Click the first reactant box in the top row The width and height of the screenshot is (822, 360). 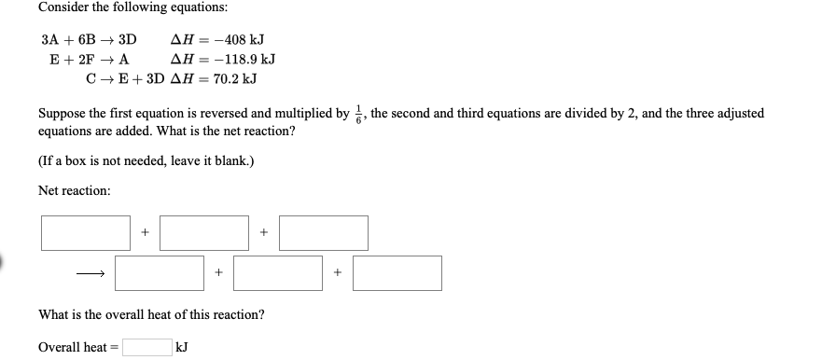pyautogui.click(x=86, y=233)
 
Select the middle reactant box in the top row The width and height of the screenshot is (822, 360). pyautogui.click(x=204, y=233)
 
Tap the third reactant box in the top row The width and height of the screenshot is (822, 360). pyautogui.click(x=323, y=233)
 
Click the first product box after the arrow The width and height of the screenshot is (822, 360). pyautogui.click(x=160, y=272)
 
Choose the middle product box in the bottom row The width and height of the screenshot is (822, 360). pyautogui.click(x=278, y=272)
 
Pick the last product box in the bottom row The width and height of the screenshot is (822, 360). pyautogui.click(x=397, y=272)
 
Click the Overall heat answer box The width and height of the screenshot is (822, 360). pyautogui.click(x=146, y=348)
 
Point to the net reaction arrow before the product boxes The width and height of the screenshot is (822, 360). pyautogui.click(x=90, y=273)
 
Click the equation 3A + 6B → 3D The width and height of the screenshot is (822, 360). pyautogui.click(x=89, y=41)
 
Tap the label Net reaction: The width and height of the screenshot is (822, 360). pyautogui.click(x=74, y=191)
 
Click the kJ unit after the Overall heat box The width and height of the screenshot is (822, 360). pyautogui.click(x=183, y=348)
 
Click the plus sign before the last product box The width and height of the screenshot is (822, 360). pyautogui.click(x=338, y=273)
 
